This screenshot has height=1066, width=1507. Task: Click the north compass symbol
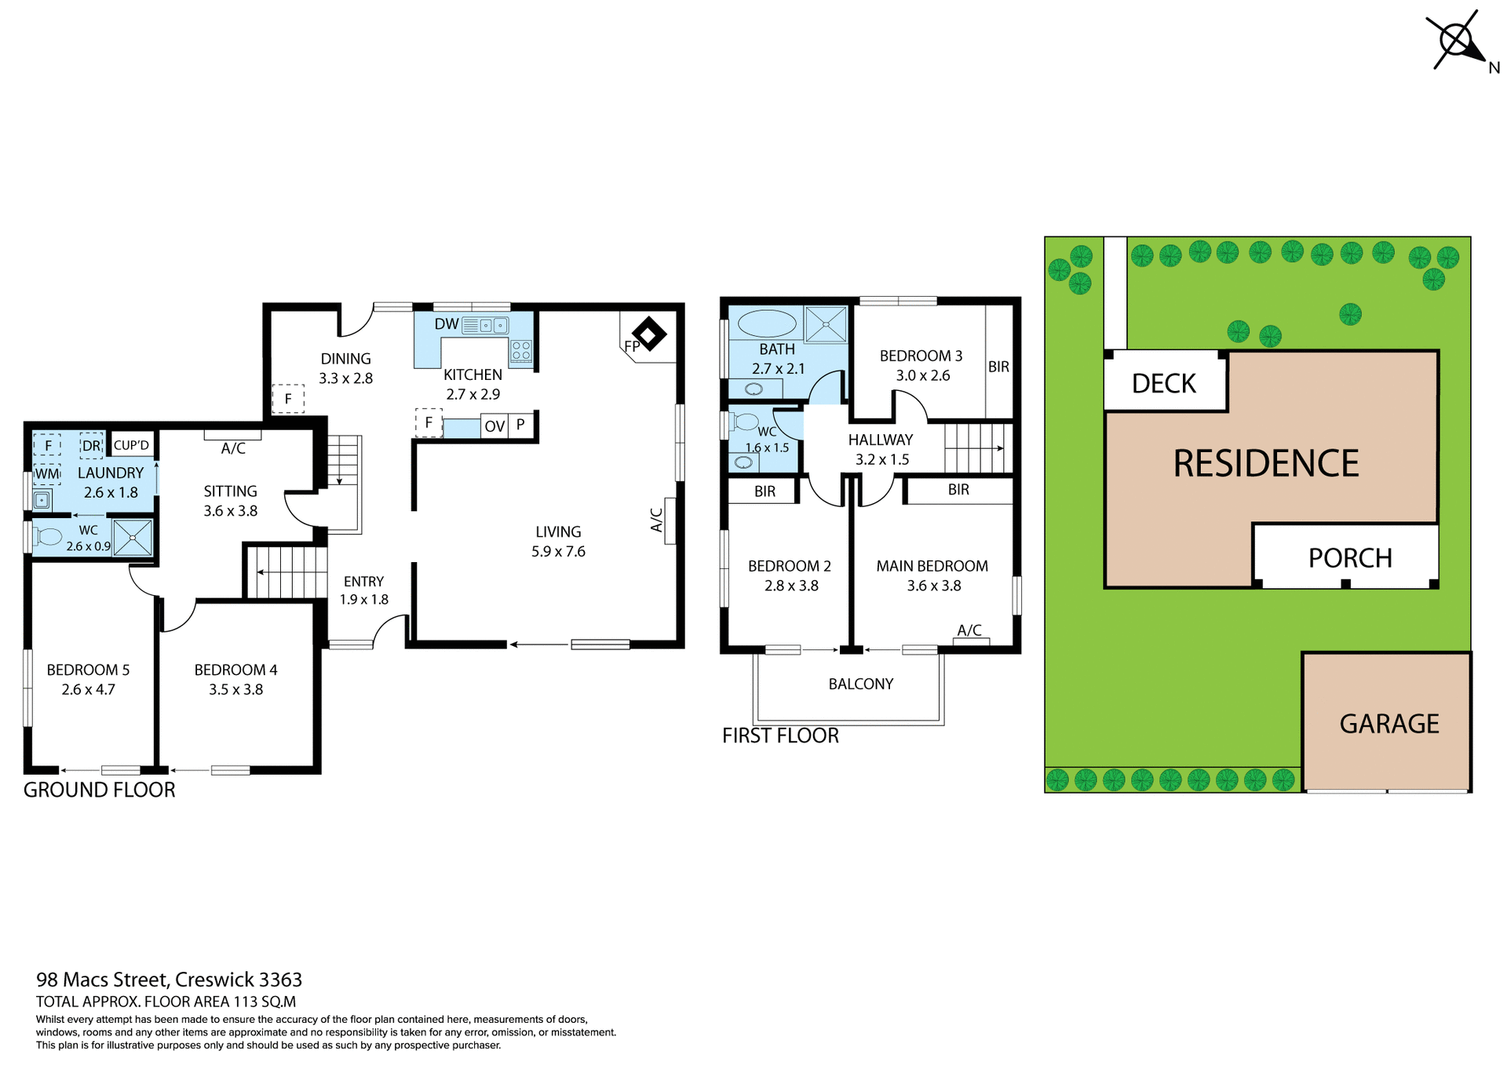1457,40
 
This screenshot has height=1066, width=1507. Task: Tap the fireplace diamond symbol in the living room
648,334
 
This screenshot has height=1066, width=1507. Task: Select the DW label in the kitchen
446,324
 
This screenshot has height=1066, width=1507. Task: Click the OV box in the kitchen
494,426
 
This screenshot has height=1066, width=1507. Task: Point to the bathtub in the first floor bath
767,323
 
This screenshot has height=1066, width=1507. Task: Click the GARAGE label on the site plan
1388,724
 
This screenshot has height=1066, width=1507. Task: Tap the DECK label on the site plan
1163,383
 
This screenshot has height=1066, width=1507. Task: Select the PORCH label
1349,558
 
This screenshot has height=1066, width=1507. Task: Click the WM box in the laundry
47,474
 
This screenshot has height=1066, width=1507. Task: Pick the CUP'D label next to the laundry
131,445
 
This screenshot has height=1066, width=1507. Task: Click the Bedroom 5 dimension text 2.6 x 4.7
88,690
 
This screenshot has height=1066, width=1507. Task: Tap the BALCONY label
860,684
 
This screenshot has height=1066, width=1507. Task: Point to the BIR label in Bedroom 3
998,367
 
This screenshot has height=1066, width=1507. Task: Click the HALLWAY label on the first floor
880,440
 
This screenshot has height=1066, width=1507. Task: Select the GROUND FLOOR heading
100,790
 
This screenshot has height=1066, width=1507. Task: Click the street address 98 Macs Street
169,980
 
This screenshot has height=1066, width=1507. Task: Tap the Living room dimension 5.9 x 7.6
558,552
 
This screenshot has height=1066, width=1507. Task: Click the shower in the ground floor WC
133,538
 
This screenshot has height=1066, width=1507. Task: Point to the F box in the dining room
288,399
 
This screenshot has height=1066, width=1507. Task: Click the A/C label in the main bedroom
969,630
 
